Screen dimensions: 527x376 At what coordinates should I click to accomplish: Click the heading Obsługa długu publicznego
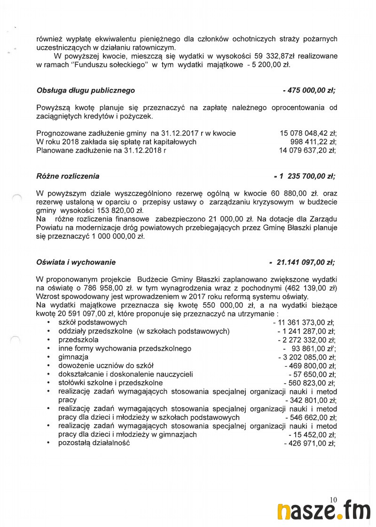coord(86,90)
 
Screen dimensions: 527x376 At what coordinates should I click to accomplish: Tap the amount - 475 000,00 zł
coord(309,90)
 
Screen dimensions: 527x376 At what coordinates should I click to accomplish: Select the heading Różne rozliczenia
coord(68,176)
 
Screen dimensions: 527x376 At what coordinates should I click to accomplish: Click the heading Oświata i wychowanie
coord(76,262)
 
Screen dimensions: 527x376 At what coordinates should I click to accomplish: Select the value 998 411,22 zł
coord(313,142)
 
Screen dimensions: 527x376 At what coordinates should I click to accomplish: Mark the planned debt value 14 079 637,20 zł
coord(308,150)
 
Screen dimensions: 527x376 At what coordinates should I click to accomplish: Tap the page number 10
coord(334,500)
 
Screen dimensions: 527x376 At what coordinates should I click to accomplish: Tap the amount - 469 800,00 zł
coord(310,366)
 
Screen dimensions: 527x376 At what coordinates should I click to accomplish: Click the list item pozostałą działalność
coord(94,443)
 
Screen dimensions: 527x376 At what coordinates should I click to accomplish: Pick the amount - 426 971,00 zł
coord(310,443)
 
